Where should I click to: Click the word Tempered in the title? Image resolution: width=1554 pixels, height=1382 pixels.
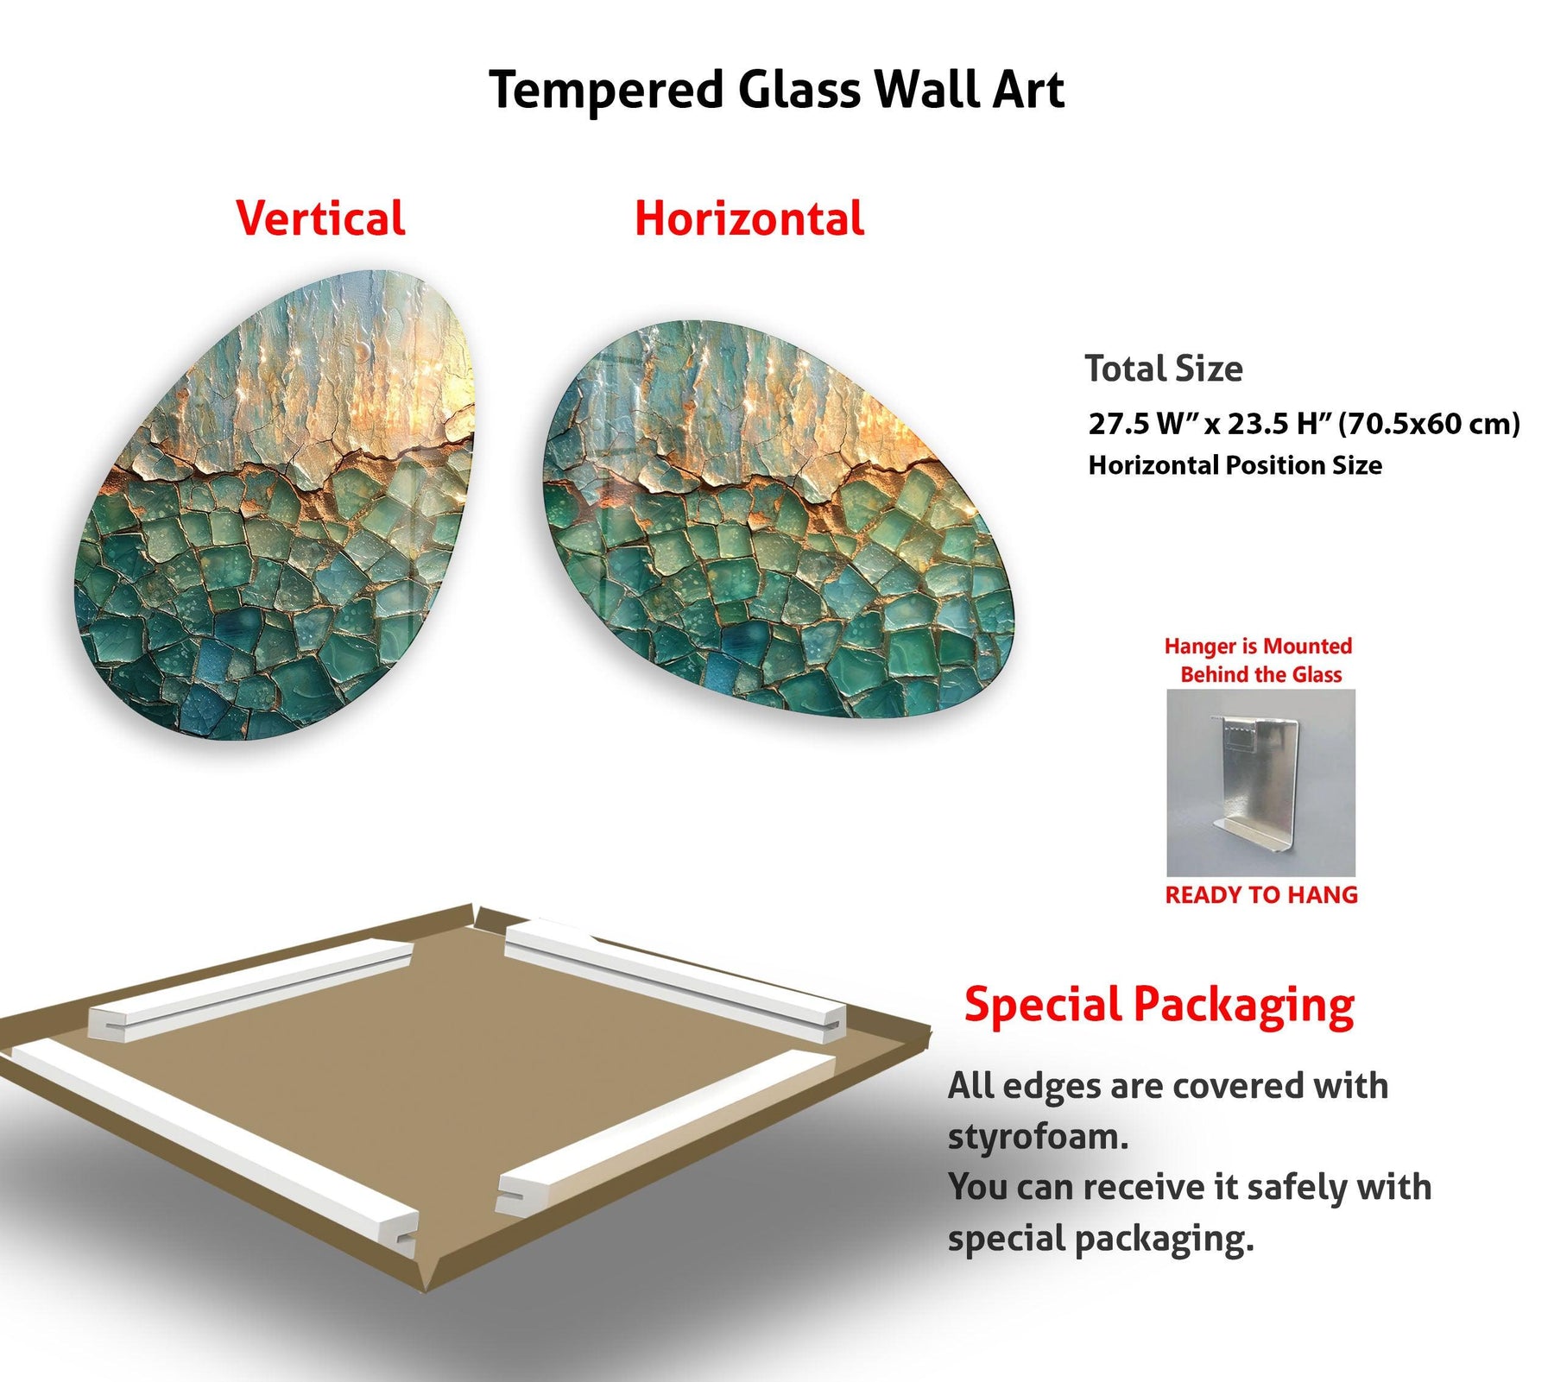pos(606,91)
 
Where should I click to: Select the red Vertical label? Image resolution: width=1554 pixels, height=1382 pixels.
pos(320,218)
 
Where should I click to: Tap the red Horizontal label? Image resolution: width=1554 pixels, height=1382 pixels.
pos(749,218)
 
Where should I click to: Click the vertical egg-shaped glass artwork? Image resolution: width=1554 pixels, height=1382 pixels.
pos(276,505)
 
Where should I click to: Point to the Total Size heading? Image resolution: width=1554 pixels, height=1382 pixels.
pos(1164,369)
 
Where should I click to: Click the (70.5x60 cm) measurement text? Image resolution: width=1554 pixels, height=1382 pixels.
pos(1429,424)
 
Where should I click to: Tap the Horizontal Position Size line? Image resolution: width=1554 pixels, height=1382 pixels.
pos(1235,465)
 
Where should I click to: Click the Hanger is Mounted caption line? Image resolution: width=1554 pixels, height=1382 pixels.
pos(1258,646)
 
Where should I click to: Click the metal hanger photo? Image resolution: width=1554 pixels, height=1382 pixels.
pos(1260,782)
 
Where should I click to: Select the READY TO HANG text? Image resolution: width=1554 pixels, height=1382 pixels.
pos(1261,895)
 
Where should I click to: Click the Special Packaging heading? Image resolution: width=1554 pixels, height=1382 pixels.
pos(1159,1006)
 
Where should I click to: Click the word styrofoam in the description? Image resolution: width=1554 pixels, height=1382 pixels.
pos(1038,1136)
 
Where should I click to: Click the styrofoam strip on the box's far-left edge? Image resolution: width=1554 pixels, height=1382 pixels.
pos(250,989)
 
